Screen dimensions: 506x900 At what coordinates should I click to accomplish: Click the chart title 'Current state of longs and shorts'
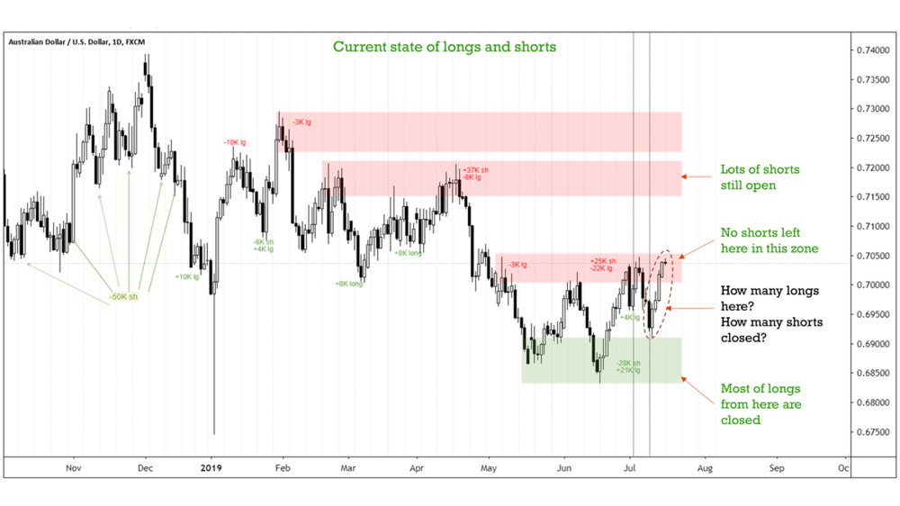click(445, 46)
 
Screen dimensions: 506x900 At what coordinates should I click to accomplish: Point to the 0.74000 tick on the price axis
click(875, 50)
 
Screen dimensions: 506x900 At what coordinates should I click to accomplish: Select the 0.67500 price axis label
click(875, 433)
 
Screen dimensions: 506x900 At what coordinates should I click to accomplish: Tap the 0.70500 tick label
click(875, 256)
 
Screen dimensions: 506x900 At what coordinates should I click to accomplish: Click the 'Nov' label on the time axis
click(75, 468)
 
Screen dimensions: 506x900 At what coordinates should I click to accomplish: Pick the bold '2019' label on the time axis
click(211, 468)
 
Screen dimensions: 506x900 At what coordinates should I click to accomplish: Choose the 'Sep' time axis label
click(777, 468)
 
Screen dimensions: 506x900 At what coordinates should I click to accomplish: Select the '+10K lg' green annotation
click(187, 276)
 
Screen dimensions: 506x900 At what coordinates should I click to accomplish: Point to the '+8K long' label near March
click(348, 283)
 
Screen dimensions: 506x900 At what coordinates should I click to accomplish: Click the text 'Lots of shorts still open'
click(760, 177)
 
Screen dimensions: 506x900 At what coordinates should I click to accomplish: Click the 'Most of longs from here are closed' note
click(760, 404)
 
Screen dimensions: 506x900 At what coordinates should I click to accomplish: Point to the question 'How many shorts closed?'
click(772, 330)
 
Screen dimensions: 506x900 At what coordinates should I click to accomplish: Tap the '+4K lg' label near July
click(630, 317)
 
